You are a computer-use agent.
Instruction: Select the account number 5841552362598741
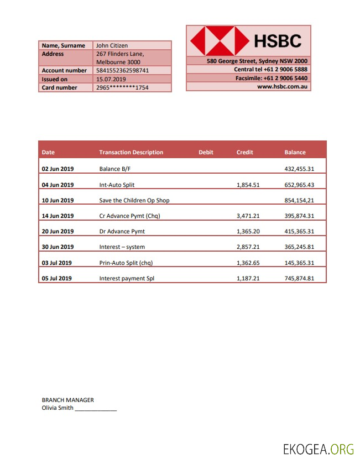[x=122, y=71]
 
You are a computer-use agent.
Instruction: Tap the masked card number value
[x=122, y=87]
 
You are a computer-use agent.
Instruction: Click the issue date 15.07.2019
[x=111, y=79]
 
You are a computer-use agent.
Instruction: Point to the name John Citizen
[x=112, y=45]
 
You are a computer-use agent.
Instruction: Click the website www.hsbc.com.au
[x=283, y=87]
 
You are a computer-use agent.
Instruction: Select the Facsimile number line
[x=272, y=78]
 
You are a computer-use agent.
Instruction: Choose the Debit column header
[x=206, y=152]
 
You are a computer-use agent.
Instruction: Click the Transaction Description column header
[x=131, y=152]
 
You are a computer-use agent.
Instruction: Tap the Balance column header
[x=295, y=152]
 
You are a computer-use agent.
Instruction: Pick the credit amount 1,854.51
[x=248, y=185]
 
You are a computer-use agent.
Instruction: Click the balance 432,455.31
[x=299, y=169]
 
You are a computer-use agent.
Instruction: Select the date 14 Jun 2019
[x=58, y=216]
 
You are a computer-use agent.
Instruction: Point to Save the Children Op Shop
[x=134, y=200]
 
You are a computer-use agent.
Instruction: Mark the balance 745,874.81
[x=299, y=278]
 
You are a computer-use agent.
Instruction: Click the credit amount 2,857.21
[x=248, y=247]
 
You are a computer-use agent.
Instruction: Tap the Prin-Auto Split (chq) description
[x=126, y=263]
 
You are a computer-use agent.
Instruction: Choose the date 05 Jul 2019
[x=56, y=278]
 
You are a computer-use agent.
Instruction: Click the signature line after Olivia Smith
[x=96, y=409]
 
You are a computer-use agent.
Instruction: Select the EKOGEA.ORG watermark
[x=318, y=449]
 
